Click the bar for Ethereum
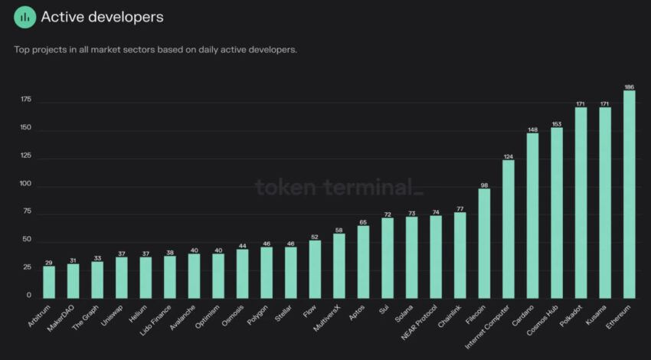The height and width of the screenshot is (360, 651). (x=629, y=195)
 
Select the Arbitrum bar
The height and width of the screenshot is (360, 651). (x=49, y=282)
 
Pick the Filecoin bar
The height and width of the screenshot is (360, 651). (x=484, y=243)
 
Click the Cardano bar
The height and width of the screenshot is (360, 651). (x=532, y=215)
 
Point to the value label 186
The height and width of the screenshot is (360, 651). (x=629, y=87)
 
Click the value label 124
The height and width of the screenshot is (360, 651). (x=508, y=156)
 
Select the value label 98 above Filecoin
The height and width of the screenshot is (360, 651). (x=484, y=185)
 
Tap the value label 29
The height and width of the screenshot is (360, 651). (x=49, y=262)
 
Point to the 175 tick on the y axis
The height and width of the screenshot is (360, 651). (x=26, y=100)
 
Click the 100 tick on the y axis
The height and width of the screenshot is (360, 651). (x=26, y=185)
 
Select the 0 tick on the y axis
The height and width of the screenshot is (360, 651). (x=29, y=296)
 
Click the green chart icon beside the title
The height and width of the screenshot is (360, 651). (x=25, y=17)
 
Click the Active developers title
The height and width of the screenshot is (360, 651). (x=102, y=17)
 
